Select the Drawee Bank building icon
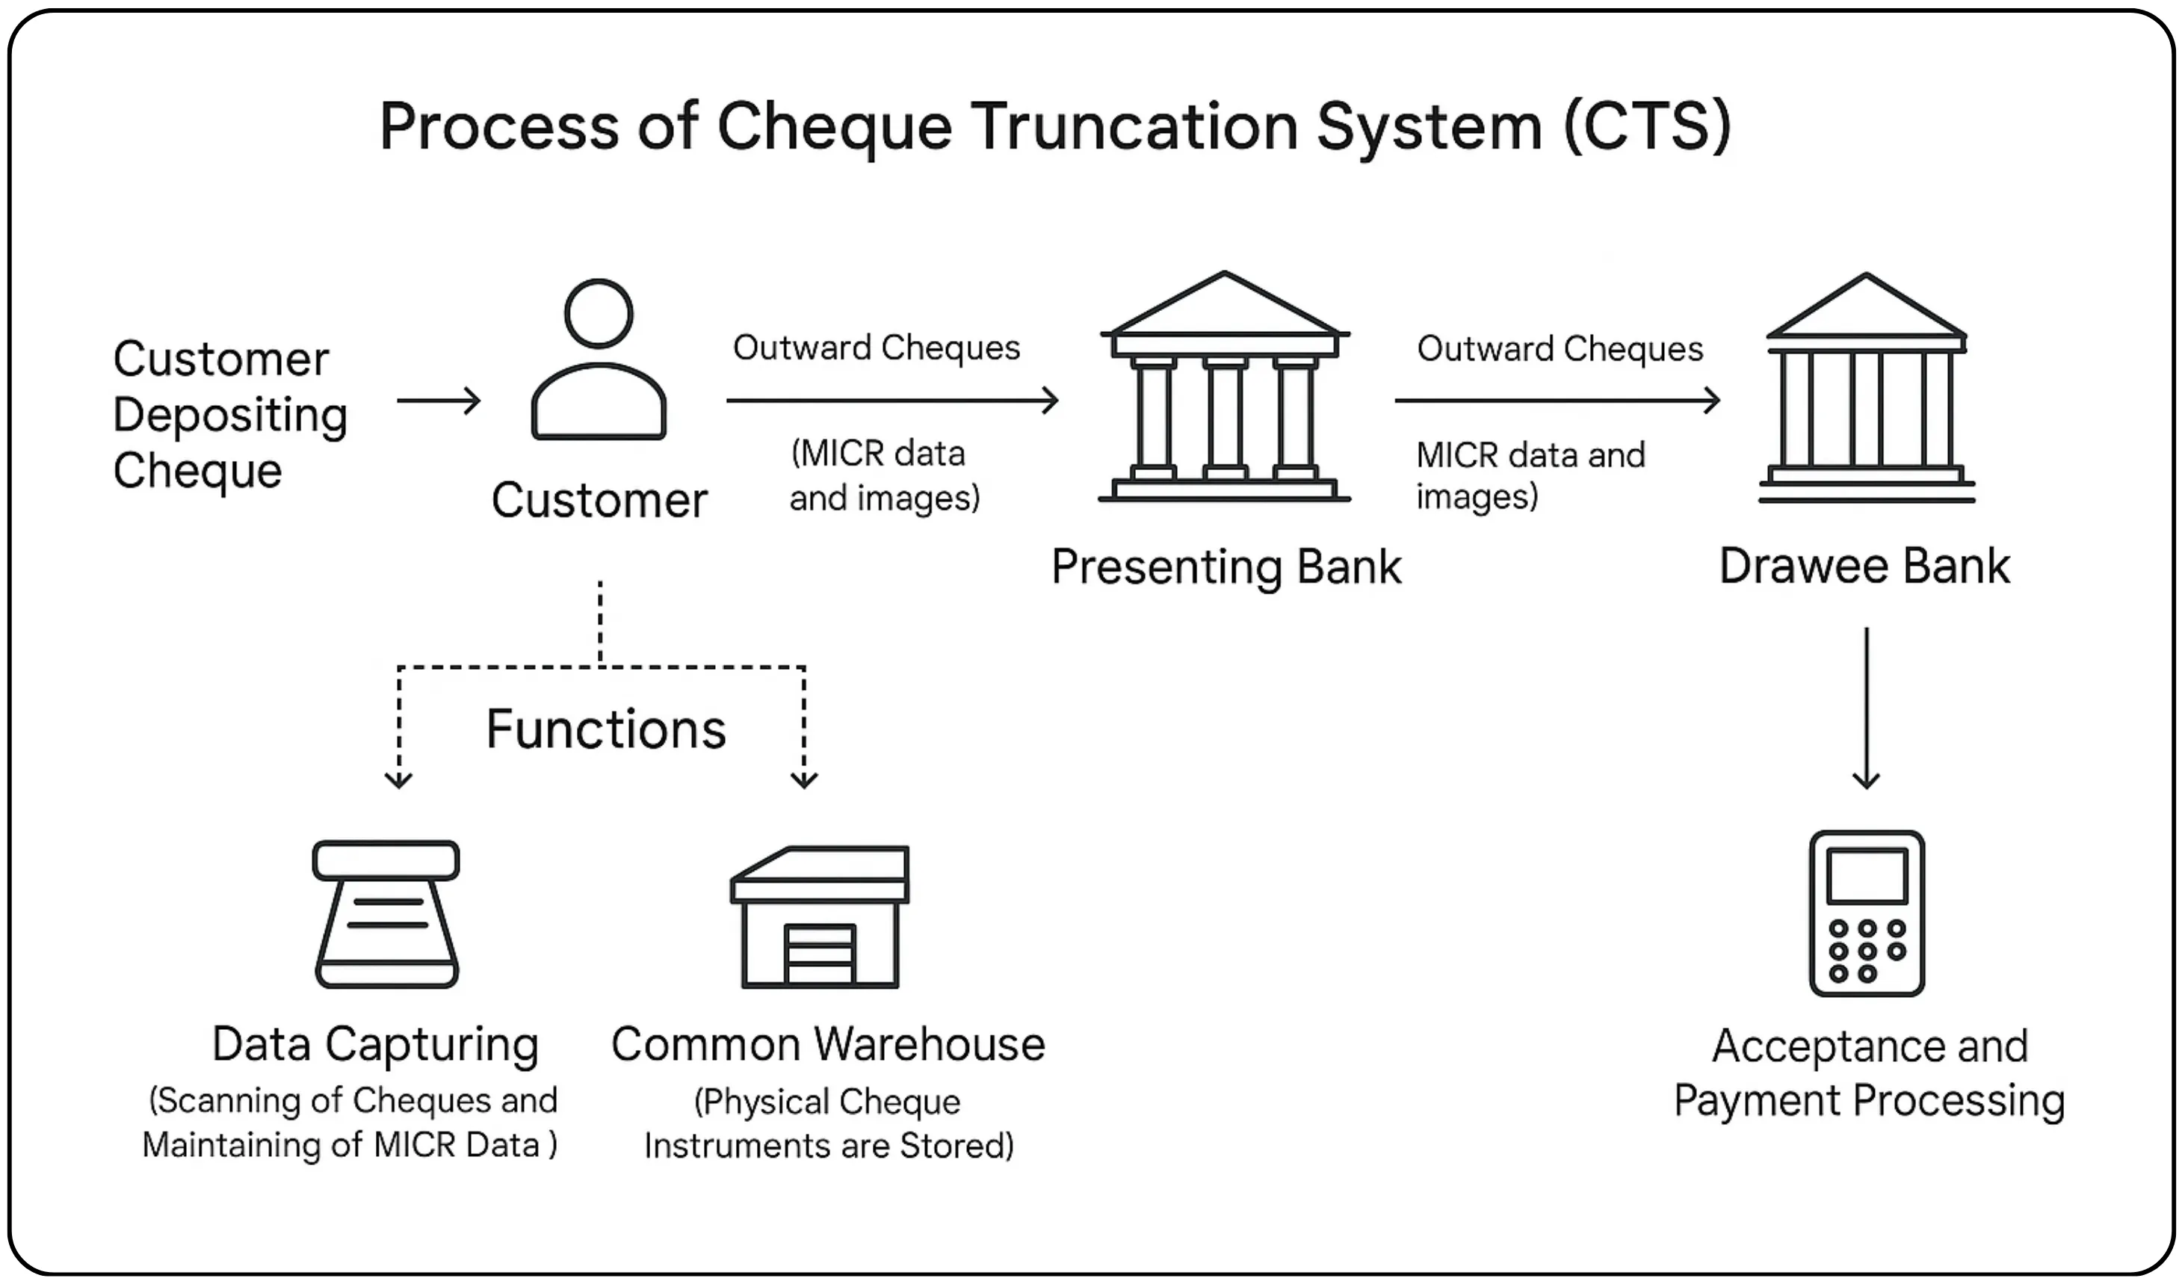pyautogui.click(x=1866, y=389)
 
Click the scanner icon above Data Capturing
pyautogui.click(x=386, y=914)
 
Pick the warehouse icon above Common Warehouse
pyautogui.click(x=819, y=916)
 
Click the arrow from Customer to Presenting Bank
pyautogui.click(x=891, y=401)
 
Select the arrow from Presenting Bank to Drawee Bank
pyautogui.click(x=1557, y=401)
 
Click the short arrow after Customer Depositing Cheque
pyautogui.click(x=439, y=401)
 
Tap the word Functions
pyautogui.click(x=605, y=729)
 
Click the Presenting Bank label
pyautogui.click(x=1226, y=567)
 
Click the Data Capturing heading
pyautogui.click(x=375, y=1044)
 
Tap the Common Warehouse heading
pyautogui.click(x=828, y=1044)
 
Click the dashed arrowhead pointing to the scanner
pyautogui.click(x=398, y=779)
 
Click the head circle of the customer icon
pyautogui.click(x=599, y=313)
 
